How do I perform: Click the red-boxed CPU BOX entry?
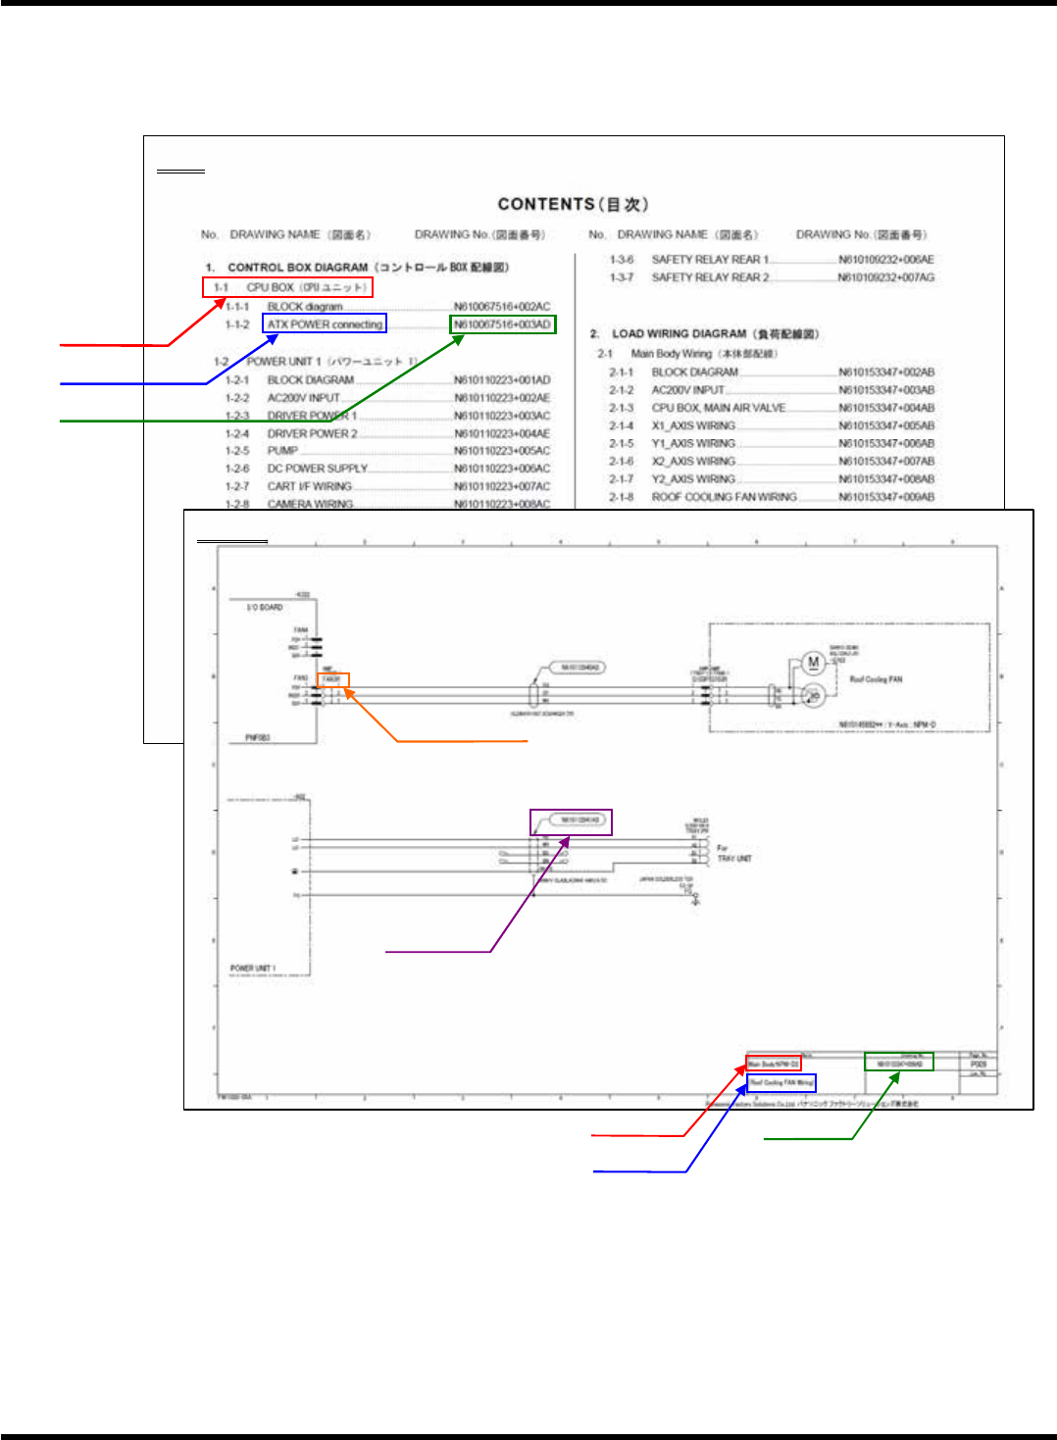pos(287,287)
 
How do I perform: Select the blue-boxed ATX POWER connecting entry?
pos(325,323)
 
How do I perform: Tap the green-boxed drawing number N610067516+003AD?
pos(502,324)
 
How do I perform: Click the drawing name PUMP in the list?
pos(282,451)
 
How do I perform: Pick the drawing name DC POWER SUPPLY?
pos(317,469)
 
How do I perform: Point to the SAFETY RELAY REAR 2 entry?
pos(710,277)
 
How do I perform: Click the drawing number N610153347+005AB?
pos(885,425)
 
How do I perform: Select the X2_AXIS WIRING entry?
pos(693,461)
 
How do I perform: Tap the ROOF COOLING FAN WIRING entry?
pos(724,497)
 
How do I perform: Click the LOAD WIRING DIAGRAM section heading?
pos(715,334)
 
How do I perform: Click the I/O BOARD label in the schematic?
pos(264,608)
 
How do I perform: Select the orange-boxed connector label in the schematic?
pos(333,679)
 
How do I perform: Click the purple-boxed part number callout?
pos(572,820)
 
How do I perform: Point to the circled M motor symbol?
pos(813,663)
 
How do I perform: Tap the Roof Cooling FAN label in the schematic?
pos(876,679)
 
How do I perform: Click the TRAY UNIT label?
pos(734,859)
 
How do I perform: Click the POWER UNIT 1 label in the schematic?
pos(253,968)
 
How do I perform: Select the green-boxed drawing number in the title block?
pos(898,1063)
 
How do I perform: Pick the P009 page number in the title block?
pos(978,1064)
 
